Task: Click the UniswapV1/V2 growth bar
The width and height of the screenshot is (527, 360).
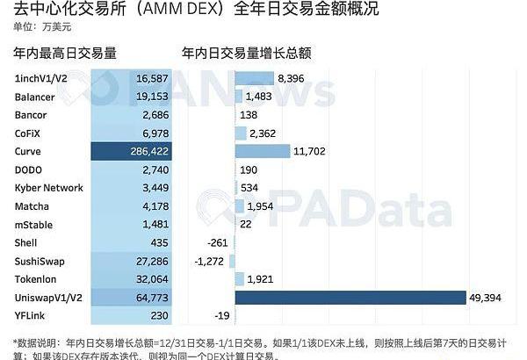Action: (x=350, y=299)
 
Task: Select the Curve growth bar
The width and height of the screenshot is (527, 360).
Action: (x=262, y=151)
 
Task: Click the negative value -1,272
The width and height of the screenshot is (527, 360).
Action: (x=210, y=262)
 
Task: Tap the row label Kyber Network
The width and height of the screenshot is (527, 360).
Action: (x=49, y=188)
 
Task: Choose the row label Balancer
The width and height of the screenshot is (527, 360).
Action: (x=35, y=97)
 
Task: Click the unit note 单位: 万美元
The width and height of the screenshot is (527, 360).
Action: (x=40, y=27)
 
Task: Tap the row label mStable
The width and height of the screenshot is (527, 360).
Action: (x=33, y=225)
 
